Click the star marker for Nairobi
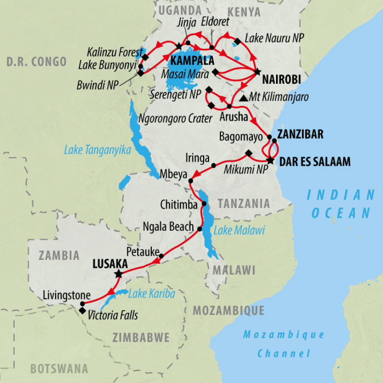257,71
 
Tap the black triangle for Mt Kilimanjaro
243,98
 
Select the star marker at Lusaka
119,274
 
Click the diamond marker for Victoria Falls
82,310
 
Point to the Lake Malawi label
239,230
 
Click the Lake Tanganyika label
97,150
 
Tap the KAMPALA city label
192,61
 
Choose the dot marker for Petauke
162,256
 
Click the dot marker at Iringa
214,165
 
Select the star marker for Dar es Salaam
270,161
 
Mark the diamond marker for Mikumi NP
248,153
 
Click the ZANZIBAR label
300,134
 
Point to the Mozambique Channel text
284,343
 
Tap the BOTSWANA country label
59,369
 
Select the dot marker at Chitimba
205,203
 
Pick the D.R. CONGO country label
36,62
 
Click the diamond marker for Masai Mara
215,71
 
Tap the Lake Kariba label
151,294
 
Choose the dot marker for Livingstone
82,303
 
